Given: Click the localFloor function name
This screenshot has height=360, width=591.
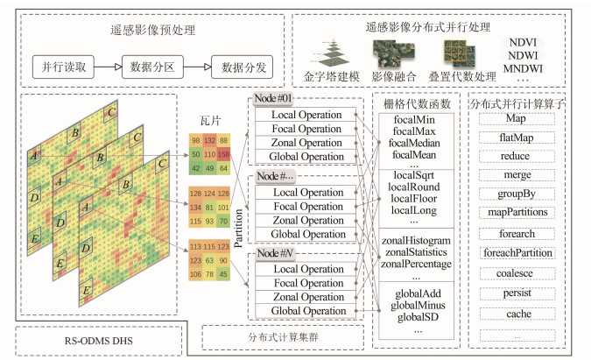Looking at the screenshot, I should pyautogui.click(x=415, y=198).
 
